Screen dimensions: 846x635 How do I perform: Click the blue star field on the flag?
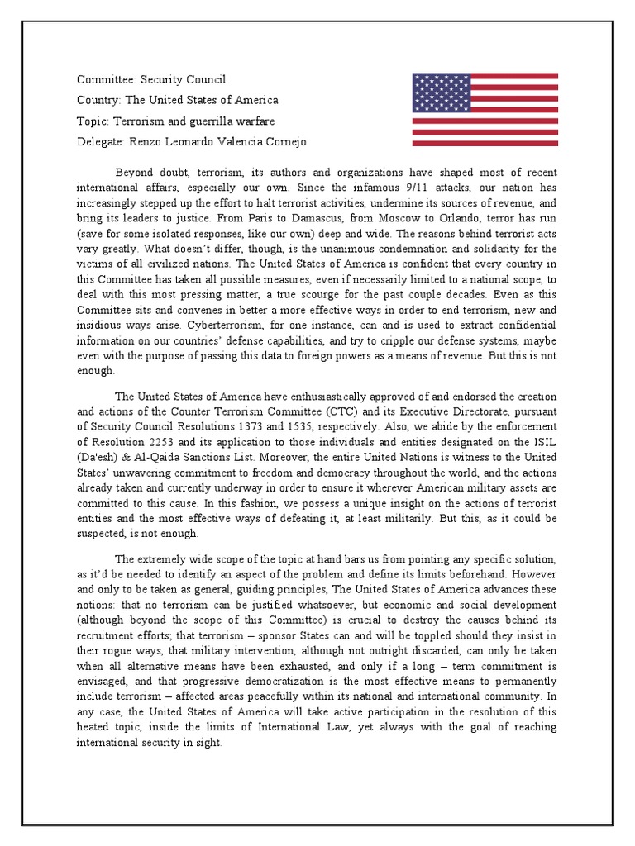[x=442, y=91]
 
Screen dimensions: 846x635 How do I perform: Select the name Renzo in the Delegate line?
[x=145, y=141]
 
